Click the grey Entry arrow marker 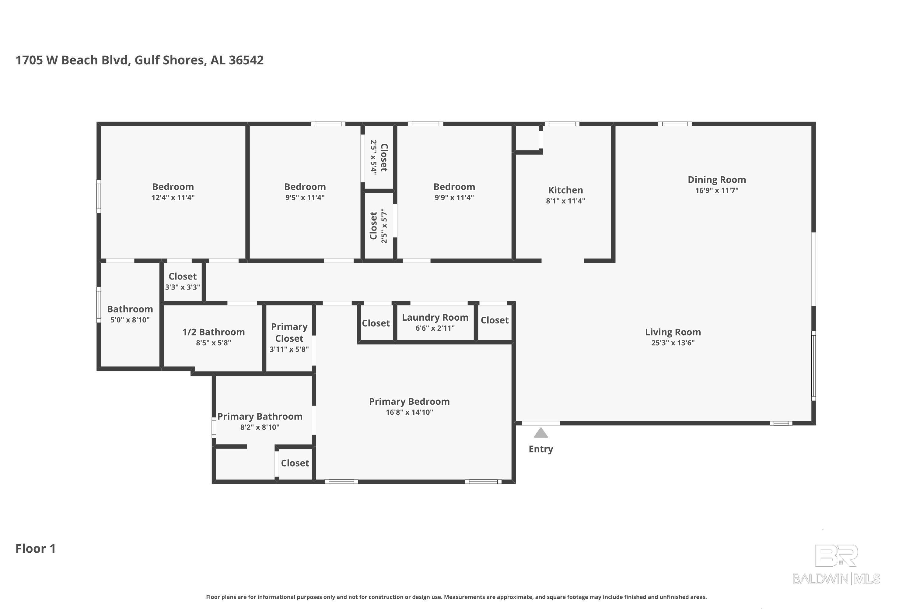pos(541,433)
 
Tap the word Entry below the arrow pos(541,449)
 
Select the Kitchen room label pos(565,190)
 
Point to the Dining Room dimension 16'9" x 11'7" pos(717,190)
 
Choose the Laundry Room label pos(435,317)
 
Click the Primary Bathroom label pos(260,416)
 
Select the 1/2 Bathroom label pos(214,332)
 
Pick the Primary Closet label pos(289,333)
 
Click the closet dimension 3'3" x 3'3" pos(182,287)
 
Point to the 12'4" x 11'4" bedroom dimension pos(173,197)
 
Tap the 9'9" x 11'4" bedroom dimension pos(454,197)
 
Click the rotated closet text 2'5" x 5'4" pos(374,157)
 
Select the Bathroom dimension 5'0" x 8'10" pos(130,320)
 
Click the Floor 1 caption pos(36,548)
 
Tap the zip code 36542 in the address pos(246,60)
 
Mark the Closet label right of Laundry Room pos(495,320)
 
